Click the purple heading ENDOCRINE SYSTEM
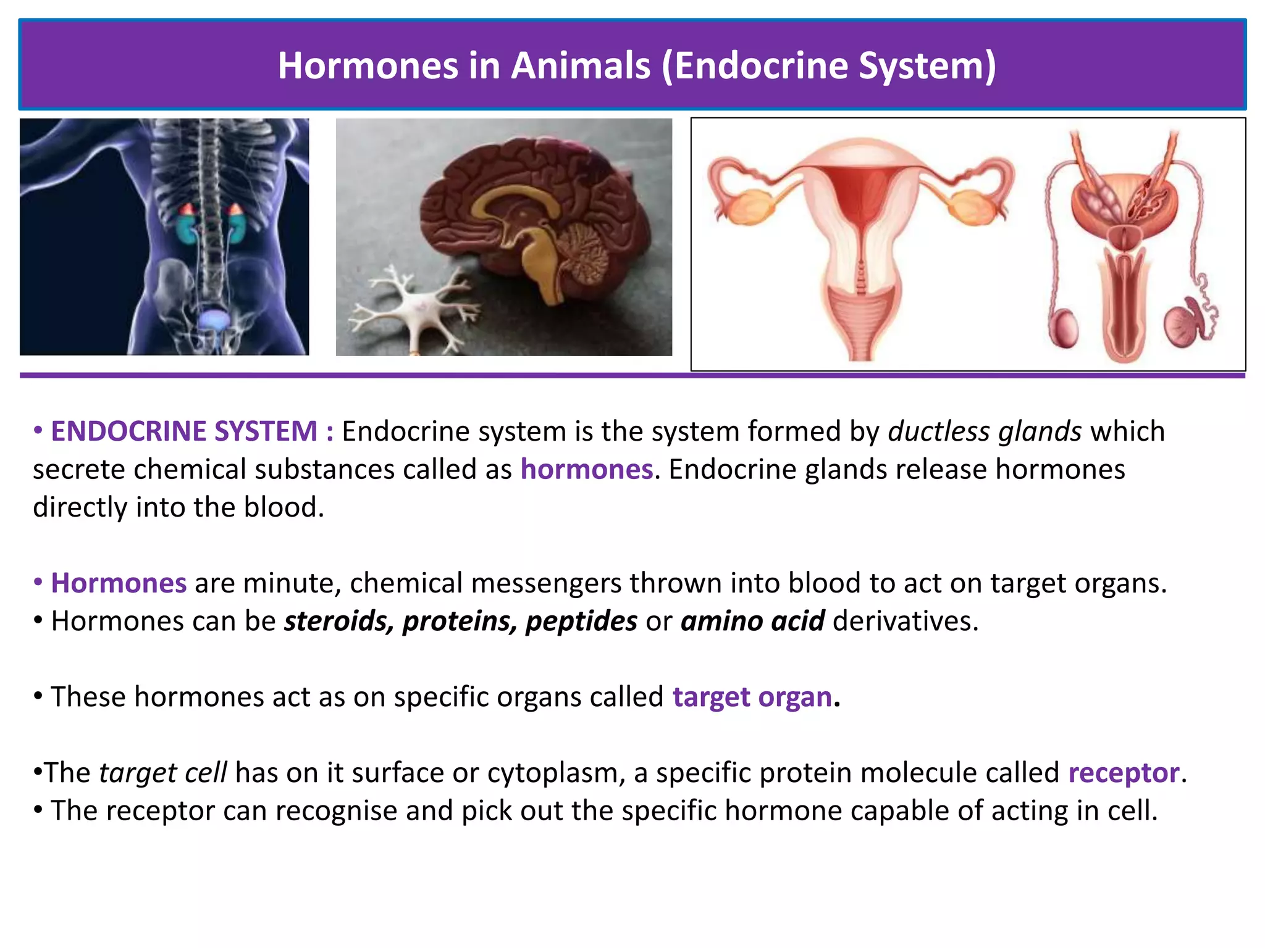pos(184,431)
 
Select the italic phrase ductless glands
pos(985,431)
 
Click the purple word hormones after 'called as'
pos(586,470)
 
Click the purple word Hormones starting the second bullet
pos(119,583)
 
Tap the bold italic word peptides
pos(581,622)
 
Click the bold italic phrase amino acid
pos(752,622)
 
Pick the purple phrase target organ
pos(752,697)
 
